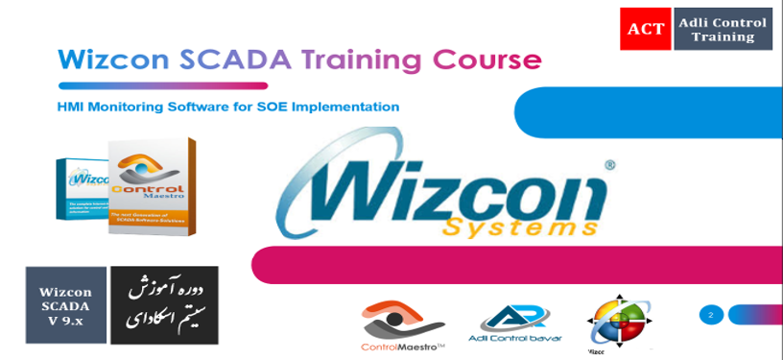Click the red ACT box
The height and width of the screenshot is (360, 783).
(646, 29)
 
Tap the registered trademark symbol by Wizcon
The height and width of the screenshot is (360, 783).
(610, 165)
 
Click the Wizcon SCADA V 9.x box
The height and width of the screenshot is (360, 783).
(65, 306)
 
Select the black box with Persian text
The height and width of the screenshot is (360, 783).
(164, 305)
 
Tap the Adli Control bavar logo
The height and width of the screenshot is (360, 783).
(514, 324)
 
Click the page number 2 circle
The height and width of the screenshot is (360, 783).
(711, 314)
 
